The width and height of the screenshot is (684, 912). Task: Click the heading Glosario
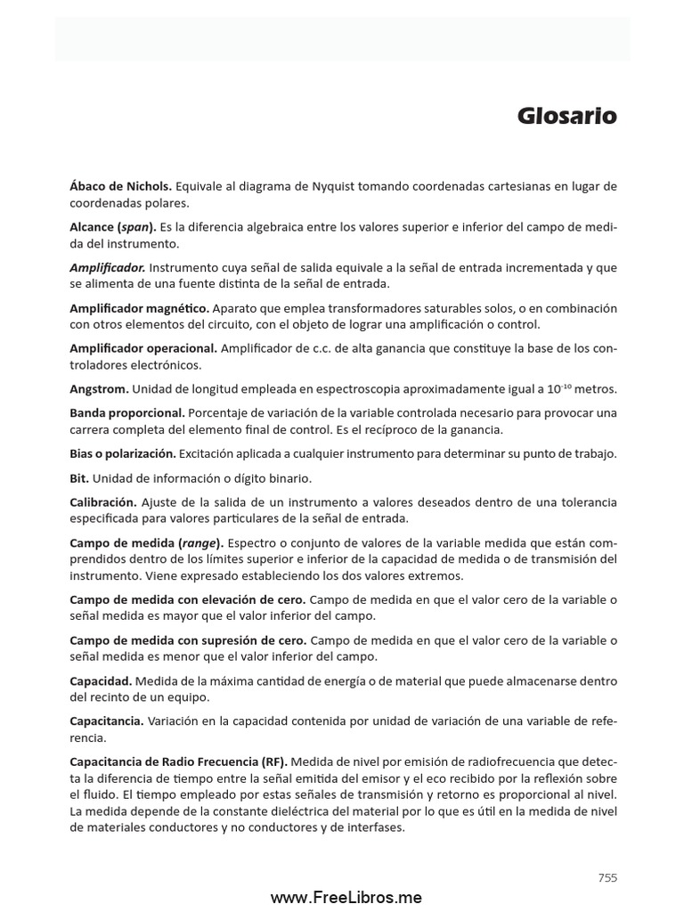click(x=567, y=117)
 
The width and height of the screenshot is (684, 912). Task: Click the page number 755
click(x=607, y=877)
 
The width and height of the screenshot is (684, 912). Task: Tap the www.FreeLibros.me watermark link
click(x=346, y=898)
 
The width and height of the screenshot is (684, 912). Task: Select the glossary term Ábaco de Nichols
click(x=120, y=186)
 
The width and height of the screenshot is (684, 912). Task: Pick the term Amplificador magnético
click(x=139, y=308)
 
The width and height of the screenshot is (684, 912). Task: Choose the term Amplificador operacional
click(x=143, y=348)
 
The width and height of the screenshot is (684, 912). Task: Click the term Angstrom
click(x=99, y=388)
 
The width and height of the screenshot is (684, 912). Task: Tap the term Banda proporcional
click(x=127, y=412)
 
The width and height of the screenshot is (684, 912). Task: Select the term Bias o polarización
click(x=123, y=453)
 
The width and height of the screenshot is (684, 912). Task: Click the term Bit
click(x=79, y=477)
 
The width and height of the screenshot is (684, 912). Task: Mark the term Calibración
click(x=103, y=502)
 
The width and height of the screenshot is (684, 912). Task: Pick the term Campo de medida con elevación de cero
click(x=188, y=599)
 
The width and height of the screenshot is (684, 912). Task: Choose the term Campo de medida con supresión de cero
click(x=188, y=639)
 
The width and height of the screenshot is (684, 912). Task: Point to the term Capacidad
click(x=100, y=680)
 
